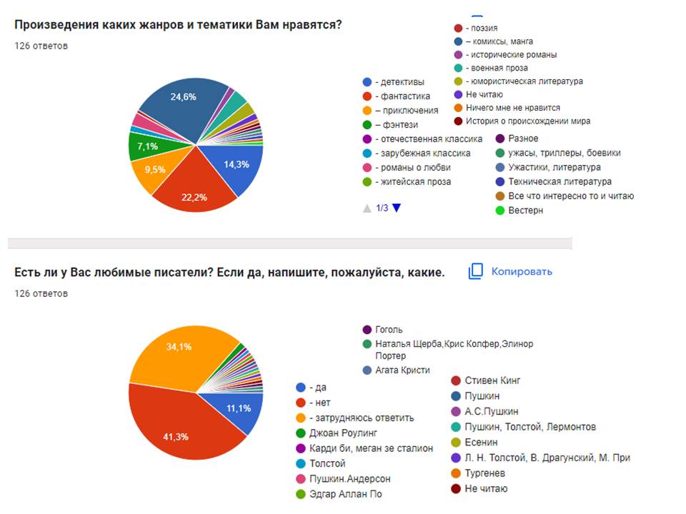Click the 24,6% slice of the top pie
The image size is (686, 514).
(x=175, y=107)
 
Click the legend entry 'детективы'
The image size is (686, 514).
(x=399, y=82)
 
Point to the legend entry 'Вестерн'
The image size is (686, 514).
(x=525, y=211)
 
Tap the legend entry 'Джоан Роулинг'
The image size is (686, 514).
(x=343, y=433)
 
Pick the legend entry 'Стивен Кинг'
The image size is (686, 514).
(x=492, y=381)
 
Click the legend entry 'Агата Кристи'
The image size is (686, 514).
(x=402, y=370)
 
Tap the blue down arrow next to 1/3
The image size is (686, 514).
(x=397, y=208)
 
